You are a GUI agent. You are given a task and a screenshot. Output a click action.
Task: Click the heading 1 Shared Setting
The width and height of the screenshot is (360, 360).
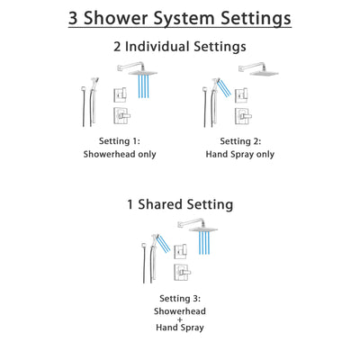(180, 205)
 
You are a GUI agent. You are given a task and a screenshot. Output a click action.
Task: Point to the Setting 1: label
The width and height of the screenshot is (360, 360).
(121, 141)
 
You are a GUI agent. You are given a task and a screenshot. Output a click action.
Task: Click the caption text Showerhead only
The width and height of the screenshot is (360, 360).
(121, 154)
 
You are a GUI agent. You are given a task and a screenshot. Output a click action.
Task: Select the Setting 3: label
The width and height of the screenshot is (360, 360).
(180, 297)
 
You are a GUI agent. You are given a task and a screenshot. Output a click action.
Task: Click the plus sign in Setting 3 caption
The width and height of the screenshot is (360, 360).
(180, 319)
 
